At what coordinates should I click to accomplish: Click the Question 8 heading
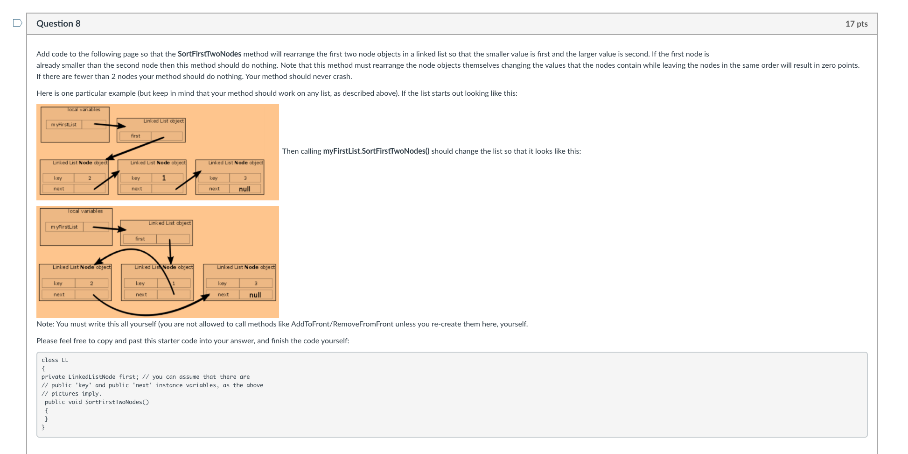58,24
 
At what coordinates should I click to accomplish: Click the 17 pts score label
856,24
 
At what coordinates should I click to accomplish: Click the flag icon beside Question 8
17,23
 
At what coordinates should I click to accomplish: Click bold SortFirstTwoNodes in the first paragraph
209,54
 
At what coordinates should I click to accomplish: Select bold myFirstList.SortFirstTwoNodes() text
376,151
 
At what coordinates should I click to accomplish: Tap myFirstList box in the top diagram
64,125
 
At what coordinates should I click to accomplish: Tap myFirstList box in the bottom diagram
64,227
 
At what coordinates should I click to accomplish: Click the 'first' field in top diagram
136,136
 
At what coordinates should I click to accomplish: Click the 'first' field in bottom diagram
140,239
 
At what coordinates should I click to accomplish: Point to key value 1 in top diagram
164,178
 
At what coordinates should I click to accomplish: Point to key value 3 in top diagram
245,178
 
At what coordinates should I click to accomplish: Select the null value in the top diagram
244,189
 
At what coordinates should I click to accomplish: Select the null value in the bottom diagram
255,295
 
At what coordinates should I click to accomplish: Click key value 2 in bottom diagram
91,284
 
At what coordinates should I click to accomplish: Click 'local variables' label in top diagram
84,110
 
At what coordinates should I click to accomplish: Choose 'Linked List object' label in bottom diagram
169,223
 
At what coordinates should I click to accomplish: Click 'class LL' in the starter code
55,360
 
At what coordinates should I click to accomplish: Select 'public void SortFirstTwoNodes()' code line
97,402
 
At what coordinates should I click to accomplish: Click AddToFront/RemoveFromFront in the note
342,324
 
